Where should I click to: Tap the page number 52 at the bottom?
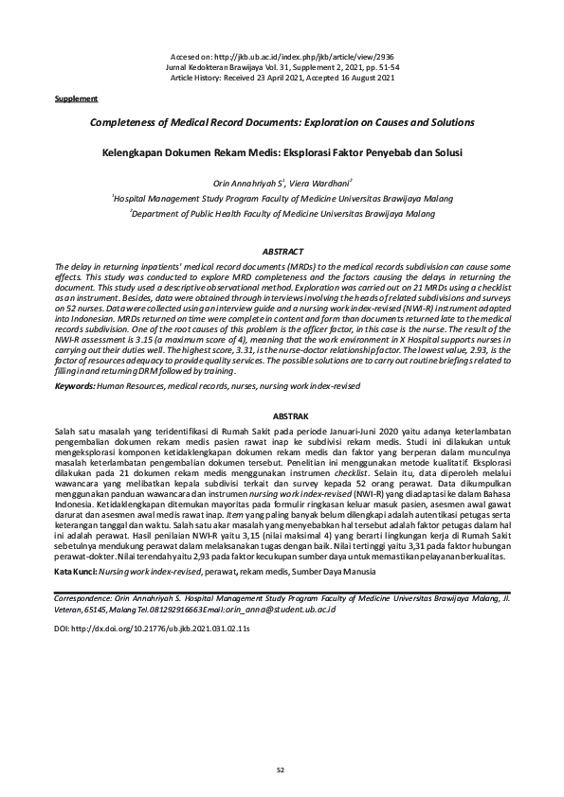(281, 769)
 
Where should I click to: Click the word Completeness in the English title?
(123, 123)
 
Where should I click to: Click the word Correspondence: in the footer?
(87, 599)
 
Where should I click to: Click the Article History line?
(282, 78)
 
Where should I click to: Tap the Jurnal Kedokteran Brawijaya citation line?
(282, 68)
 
